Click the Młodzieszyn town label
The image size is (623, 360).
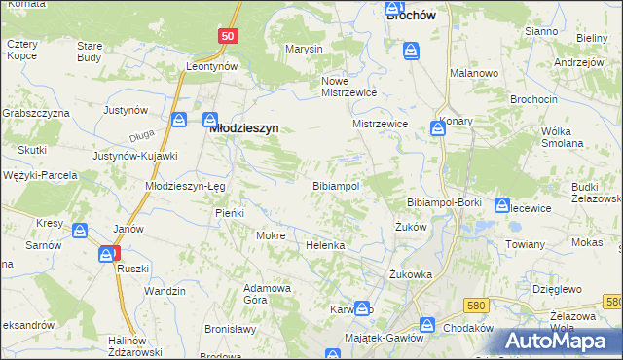pyautogui.click(x=245, y=126)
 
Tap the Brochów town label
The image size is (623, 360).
pyautogui.click(x=411, y=16)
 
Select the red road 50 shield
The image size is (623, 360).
pyautogui.click(x=227, y=36)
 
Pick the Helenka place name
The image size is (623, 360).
pyautogui.click(x=326, y=245)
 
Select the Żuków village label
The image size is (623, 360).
pyautogui.click(x=412, y=226)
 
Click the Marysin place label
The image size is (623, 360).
pyautogui.click(x=303, y=49)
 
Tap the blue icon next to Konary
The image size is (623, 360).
pyautogui.click(x=438, y=128)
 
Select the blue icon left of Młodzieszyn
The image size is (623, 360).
pyautogui.click(x=181, y=120)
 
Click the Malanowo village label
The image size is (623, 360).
pyautogui.click(x=474, y=73)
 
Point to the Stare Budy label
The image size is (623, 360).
pyautogui.click(x=90, y=52)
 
